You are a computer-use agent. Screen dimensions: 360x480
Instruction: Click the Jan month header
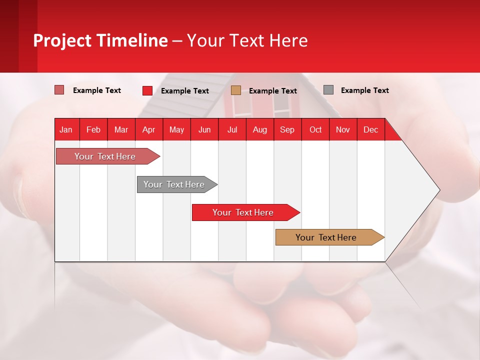pyautogui.click(x=66, y=129)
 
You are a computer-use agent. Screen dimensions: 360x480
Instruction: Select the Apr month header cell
pyautogui.click(x=148, y=129)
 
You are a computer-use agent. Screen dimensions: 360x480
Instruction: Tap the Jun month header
pyautogui.click(x=204, y=129)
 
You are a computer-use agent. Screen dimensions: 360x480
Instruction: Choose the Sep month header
pyautogui.click(x=287, y=129)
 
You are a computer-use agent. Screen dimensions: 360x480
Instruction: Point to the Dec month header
pyautogui.click(x=370, y=129)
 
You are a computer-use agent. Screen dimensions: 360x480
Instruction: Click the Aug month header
pyautogui.click(x=259, y=129)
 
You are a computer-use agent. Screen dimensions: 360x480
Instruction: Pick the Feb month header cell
pyautogui.click(x=93, y=129)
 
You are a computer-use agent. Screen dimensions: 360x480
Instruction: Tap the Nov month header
pyautogui.click(x=342, y=129)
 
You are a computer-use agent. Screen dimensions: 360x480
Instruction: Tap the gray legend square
pyautogui.click(x=328, y=90)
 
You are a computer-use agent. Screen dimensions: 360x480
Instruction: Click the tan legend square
pyautogui.click(x=236, y=90)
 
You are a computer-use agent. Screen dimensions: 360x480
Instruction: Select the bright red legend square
pyautogui.click(x=147, y=90)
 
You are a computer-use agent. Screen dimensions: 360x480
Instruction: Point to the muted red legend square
pyautogui.click(x=59, y=90)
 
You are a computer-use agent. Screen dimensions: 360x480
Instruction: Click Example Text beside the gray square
pyautogui.click(x=364, y=90)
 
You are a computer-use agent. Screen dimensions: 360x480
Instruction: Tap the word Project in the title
pyautogui.click(x=62, y=40)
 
